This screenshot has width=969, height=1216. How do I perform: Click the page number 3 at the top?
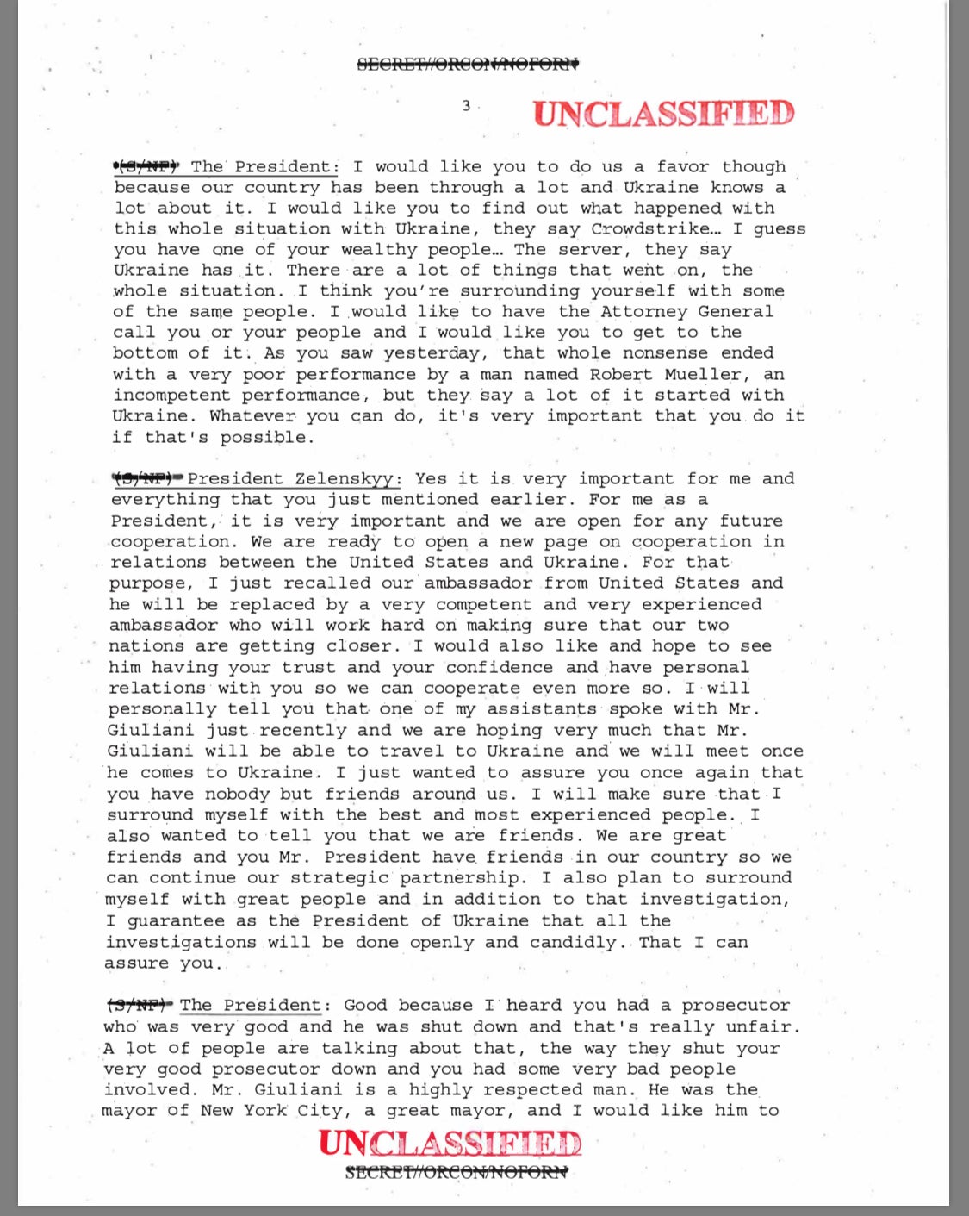click(466, 106)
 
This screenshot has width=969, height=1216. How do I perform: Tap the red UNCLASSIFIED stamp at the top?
click(663, 114)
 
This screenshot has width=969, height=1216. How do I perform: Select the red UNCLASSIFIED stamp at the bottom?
click(450, 1143)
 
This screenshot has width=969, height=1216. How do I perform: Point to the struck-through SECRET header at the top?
click(468, 63)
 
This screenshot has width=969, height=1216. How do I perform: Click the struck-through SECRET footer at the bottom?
click(456, 1172)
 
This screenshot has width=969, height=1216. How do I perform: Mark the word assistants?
click(542, 709)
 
